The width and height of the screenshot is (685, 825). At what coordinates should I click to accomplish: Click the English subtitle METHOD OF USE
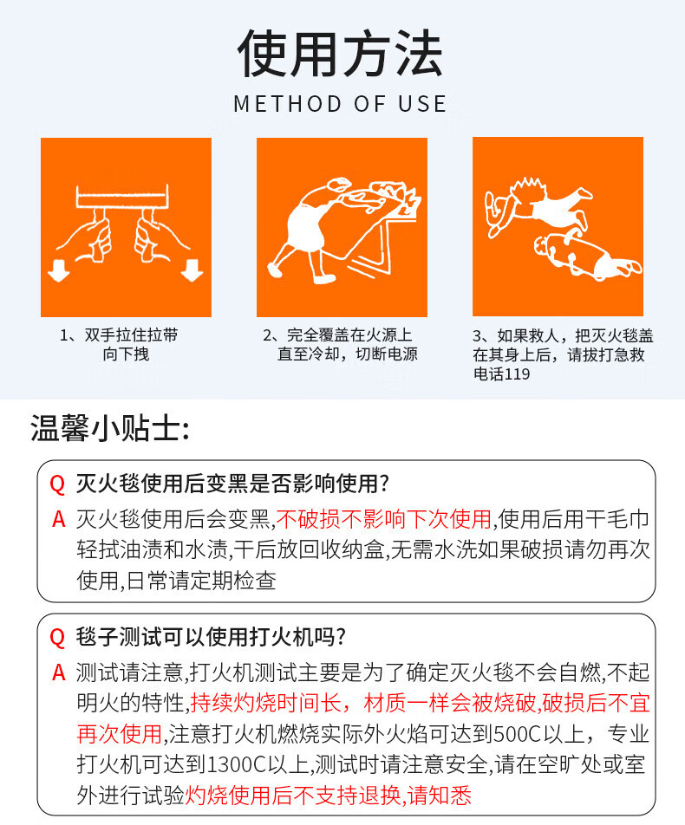pos(340,104)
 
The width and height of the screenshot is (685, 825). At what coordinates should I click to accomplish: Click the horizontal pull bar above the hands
pos(122,198)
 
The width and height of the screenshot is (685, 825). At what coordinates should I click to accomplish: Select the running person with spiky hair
pos(537,205)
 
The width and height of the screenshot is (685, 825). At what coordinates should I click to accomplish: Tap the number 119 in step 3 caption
pos(517,374)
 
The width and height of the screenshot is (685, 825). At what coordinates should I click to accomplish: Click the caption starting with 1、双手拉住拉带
pos(119,345)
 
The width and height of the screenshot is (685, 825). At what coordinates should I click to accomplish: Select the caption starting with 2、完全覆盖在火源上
pos(340,345)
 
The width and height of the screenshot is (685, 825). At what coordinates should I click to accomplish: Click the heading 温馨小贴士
pos(109,428)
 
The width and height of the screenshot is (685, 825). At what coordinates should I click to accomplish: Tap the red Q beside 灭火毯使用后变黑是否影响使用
pos(57,484)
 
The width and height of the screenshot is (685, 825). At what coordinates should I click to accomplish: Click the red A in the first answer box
pos(58,519)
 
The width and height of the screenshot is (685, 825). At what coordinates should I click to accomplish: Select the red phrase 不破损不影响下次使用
pos(384,519)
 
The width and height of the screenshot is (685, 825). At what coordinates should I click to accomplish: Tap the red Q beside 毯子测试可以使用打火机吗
pos(57,638)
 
